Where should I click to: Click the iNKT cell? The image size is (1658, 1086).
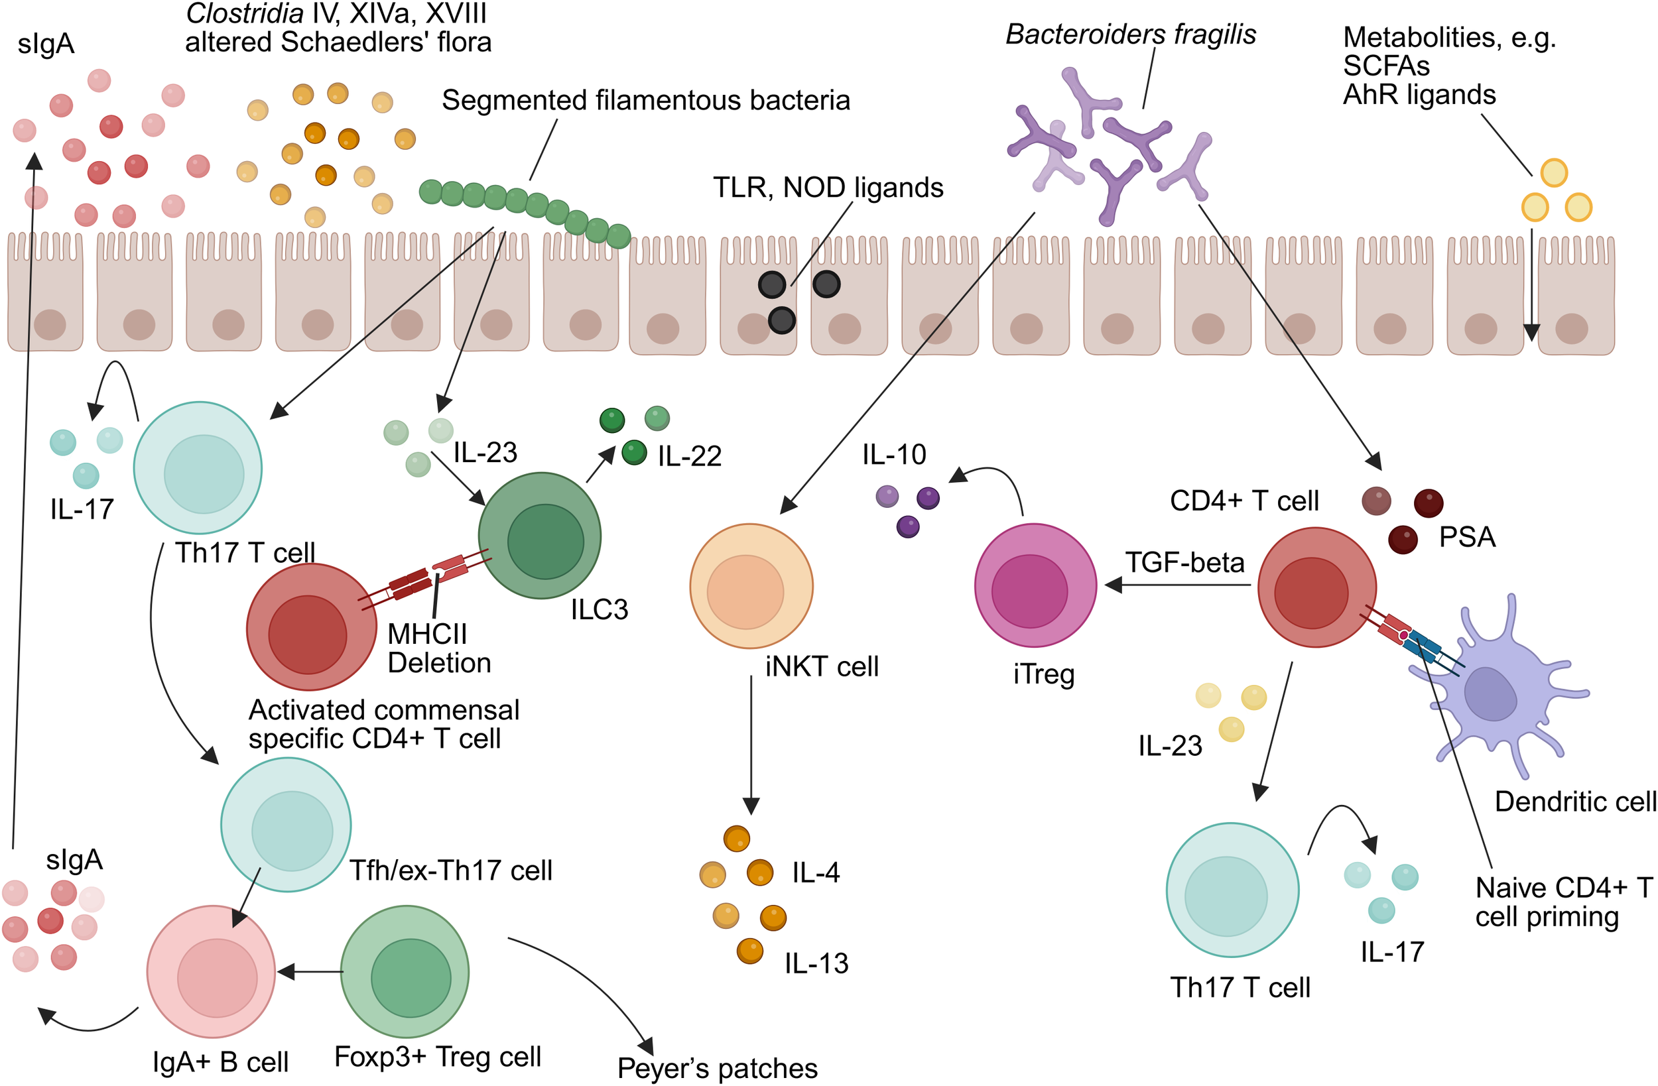click(x=751, y=586)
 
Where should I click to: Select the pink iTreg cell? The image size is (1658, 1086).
click(x=1035, y=586)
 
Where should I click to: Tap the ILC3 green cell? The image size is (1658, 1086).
click(x=540, y=536)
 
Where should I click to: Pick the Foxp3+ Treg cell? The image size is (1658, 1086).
click(x=405, y=971)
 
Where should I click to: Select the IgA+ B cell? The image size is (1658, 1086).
click(x=211, y=971)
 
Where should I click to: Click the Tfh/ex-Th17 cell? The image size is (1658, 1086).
click(x=286, y=825)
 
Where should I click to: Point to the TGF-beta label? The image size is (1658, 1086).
click(x=1184, y=562)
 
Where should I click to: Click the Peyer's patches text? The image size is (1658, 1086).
click(x=717, y=1068)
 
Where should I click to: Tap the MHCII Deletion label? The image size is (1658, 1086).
click(x=438, y=648)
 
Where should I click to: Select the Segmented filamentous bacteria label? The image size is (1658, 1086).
click(x=645, y=101)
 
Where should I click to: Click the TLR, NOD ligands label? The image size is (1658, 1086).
click(x=828, y=188)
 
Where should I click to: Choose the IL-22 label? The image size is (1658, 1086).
click(x=689, y=456)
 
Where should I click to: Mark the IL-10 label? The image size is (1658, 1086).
click(x=894, y=455)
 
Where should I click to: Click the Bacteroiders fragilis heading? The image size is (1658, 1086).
click(x=1130, y=34)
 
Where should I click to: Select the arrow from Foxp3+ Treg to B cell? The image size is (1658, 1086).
click(x=310, y=971)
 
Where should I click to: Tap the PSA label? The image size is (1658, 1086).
click(x=1467, y=537)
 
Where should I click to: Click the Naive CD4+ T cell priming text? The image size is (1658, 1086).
click(x=1562, y=902)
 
